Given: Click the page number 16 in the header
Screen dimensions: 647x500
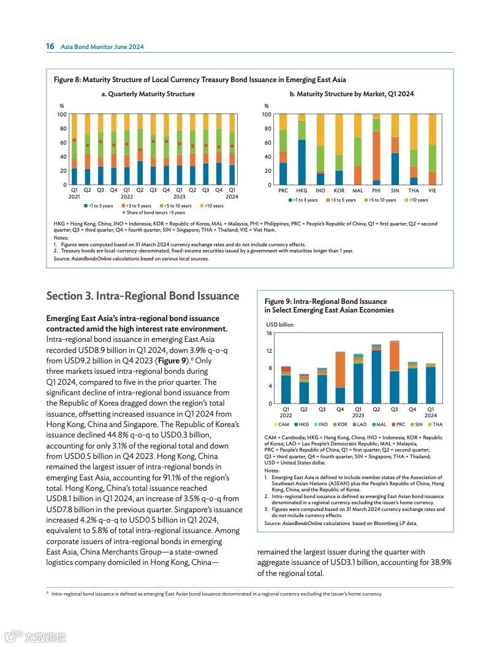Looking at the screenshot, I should pos(50,47).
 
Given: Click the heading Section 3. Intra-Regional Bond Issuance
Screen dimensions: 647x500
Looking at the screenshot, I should pos(143,296).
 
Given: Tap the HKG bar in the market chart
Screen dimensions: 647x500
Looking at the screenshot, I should pos(301,149).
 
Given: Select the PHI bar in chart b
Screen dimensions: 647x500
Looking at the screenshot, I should pos(376,149).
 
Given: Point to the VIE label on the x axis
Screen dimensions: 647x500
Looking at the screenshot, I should pos(432,191).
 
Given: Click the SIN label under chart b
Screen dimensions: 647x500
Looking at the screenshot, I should pos(395,191).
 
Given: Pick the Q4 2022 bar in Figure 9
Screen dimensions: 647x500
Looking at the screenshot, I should pos(340,377).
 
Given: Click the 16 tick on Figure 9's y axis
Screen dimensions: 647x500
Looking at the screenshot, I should pos(269,333).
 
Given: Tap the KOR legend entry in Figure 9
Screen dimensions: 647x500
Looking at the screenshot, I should pos(339,424).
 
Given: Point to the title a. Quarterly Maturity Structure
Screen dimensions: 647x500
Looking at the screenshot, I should pos(148,94).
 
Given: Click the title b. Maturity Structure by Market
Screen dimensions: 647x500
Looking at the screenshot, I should pos(352,94).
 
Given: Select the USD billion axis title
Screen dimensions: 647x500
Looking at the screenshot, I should pos(280,324).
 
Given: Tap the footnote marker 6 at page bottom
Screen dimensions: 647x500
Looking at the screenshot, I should pos(48,592).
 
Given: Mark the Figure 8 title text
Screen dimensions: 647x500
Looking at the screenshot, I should pos(200,80).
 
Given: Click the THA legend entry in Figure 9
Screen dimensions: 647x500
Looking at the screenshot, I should pos(436,424).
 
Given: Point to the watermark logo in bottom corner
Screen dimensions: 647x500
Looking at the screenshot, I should pos(35,637).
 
